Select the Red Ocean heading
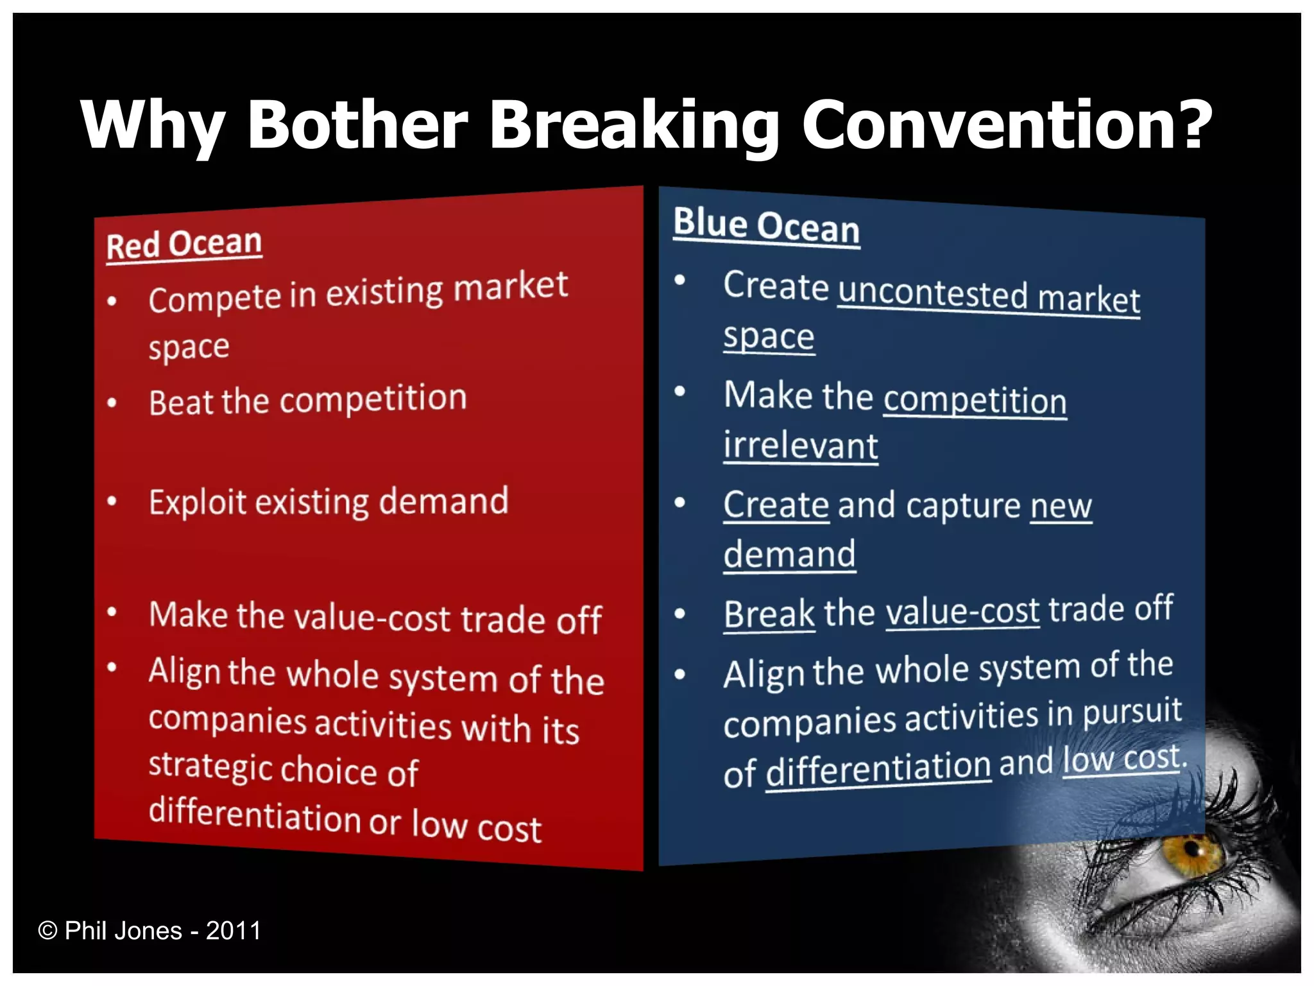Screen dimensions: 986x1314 pyautogui.click(x=184, y=245)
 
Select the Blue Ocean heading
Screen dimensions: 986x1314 pyautogui.click(x=766, y=225)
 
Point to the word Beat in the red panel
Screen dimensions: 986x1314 pyautogui.click(x=181, y=402)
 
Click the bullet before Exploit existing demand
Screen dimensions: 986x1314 pyautogui.click(x=112, y=501)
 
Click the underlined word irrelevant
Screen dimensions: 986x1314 pyautogui.click(x=800, y=445)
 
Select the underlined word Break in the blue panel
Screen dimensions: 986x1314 pyautogui.click(x=769, y=614)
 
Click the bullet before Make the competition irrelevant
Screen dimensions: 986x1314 pyautogui.click(x=680, y=392)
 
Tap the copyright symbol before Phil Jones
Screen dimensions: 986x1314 pyautogui.click(x=47, y=930)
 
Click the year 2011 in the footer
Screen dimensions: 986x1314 pyautogui.click(x=234, y=930)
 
